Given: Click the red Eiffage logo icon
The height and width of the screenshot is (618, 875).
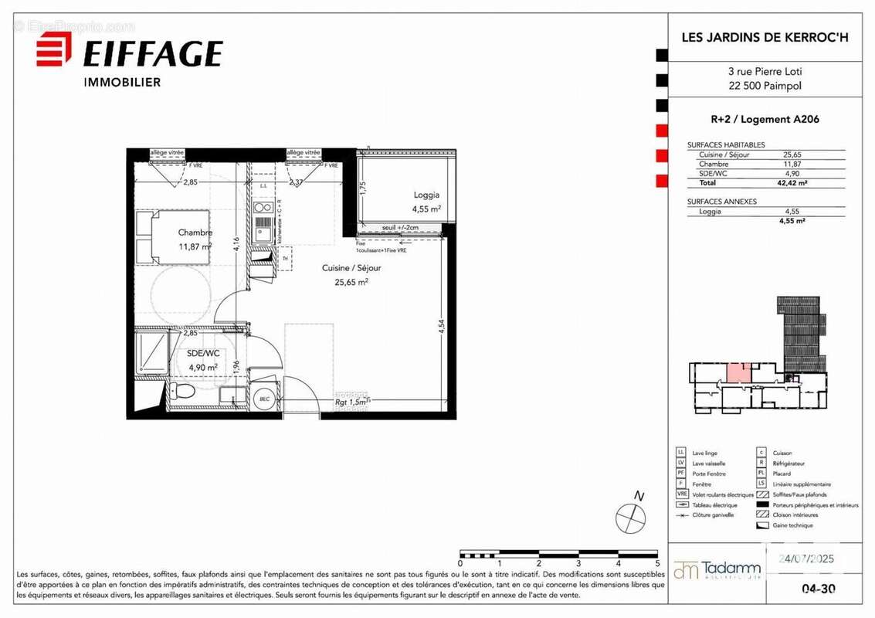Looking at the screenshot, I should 53,53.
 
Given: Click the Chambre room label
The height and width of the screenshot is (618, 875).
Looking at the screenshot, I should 195,233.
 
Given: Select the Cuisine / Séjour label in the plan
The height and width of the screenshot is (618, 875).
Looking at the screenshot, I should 351,268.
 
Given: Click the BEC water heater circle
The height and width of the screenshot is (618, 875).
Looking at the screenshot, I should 264,397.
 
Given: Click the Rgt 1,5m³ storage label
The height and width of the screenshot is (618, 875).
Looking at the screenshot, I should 353,402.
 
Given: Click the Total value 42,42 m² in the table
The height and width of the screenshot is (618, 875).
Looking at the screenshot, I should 792,183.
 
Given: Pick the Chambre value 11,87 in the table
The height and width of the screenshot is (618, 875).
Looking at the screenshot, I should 792,164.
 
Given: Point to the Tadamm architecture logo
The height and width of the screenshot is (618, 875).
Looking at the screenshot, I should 717,570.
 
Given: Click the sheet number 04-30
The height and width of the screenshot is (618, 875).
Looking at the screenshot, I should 819,589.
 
